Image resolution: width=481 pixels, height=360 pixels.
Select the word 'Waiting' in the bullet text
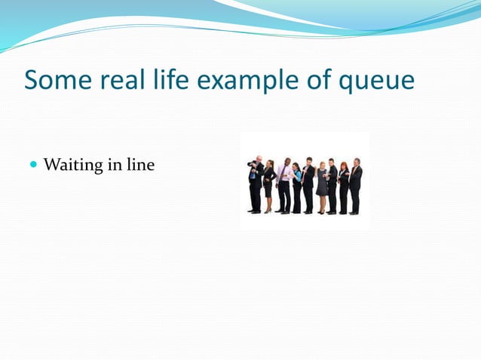point(72,164)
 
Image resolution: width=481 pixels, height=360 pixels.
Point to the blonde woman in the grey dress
point(322,185)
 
